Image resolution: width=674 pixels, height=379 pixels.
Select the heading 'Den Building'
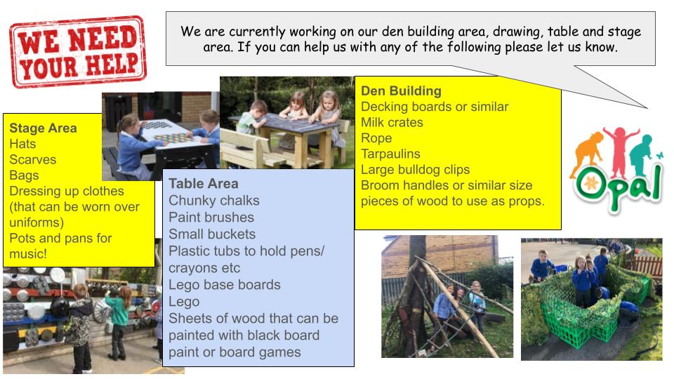401,91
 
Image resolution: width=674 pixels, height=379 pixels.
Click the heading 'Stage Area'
43,128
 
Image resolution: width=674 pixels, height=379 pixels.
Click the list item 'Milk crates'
392,122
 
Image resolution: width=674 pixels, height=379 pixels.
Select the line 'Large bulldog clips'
415,168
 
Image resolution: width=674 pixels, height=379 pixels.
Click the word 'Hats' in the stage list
22,144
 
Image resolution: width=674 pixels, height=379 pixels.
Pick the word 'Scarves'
32,159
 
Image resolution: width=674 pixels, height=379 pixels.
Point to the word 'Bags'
24,175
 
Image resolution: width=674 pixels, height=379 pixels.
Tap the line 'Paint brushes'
211,217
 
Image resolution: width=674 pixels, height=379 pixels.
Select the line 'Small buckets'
212,234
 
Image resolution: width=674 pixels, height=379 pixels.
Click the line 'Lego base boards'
224,284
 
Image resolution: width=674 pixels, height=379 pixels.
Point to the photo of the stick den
447,297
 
